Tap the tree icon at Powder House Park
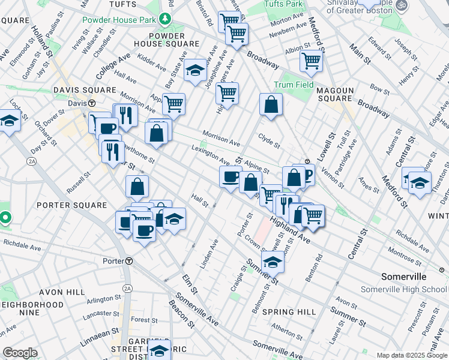[164, 19]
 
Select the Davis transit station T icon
[91, 103]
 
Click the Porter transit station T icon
[129, 261]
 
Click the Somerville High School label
[403, 289]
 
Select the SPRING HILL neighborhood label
[289, 312]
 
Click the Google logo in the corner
[20, 353]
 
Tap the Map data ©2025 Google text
[411, 355]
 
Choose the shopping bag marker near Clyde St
[271, 104]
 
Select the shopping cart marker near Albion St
[311, 61]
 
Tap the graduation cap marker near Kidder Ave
[194, 71]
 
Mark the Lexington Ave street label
[211, 155]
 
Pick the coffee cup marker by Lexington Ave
[230, 176]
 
